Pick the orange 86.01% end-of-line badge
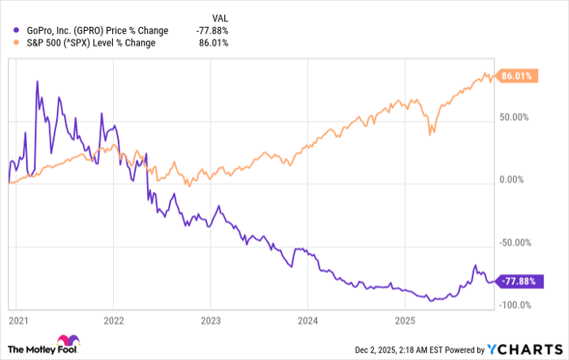(x=516, y=76)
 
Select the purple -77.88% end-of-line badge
(x=518, y=281)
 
